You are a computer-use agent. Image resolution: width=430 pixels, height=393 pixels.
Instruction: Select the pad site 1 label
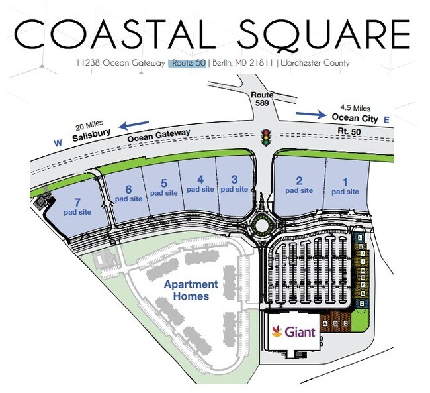coord(345,186)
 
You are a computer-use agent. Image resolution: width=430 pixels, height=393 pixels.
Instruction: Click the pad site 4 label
coord(200,184)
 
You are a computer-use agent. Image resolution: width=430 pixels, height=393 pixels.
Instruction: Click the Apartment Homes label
coord(191,290)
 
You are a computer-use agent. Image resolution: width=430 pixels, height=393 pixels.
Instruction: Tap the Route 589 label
coord(262,99)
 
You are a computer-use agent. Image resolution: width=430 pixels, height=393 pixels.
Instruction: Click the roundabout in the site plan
coord(263,225)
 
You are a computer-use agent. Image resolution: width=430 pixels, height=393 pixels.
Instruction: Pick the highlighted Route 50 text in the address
coord(188,63)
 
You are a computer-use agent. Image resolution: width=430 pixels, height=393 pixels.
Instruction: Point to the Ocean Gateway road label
coord(159,135)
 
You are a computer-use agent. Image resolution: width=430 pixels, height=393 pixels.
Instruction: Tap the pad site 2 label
coord(299,185)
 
